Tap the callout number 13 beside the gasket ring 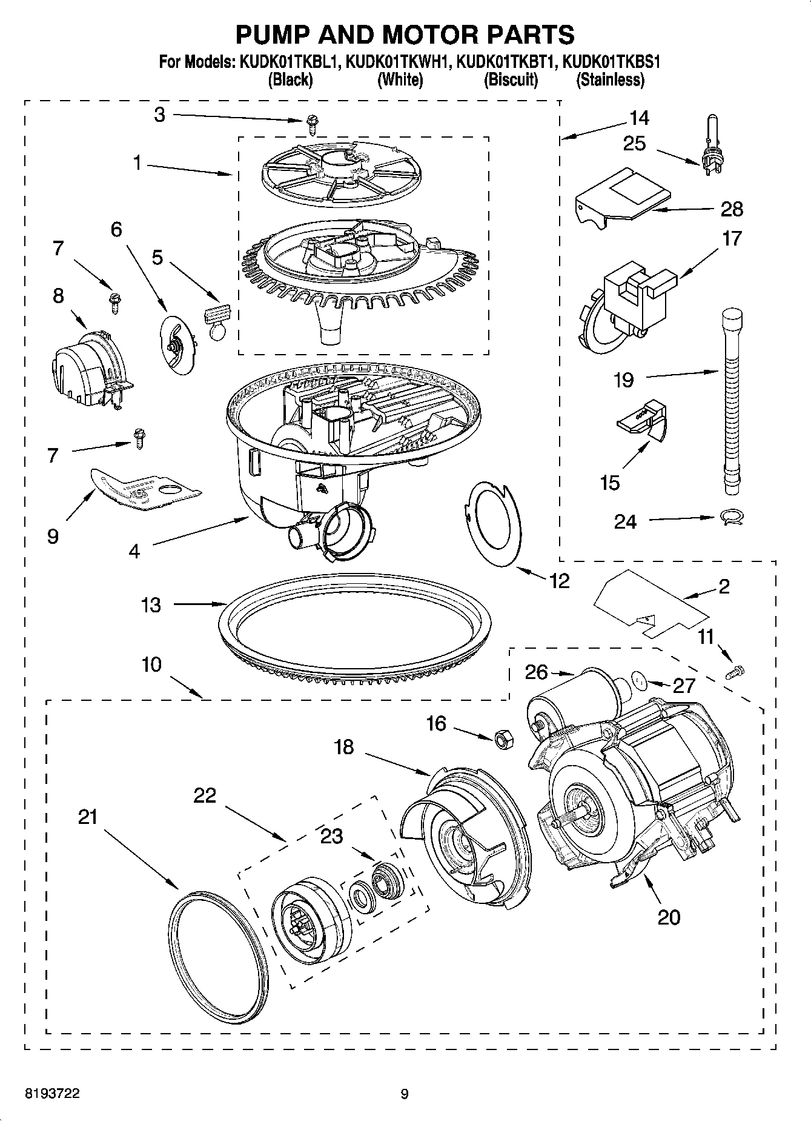click(151, 604)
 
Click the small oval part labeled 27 click(639, 681)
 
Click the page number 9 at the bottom click(405, 1094)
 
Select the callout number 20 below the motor click(669, 917)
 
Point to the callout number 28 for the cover click(732, 209)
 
